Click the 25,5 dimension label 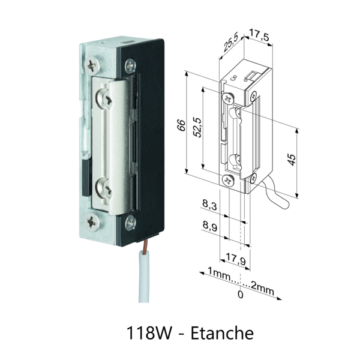tap(230, 44)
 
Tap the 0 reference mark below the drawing tap(241, 295)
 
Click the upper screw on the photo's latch tap(106, 97)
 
